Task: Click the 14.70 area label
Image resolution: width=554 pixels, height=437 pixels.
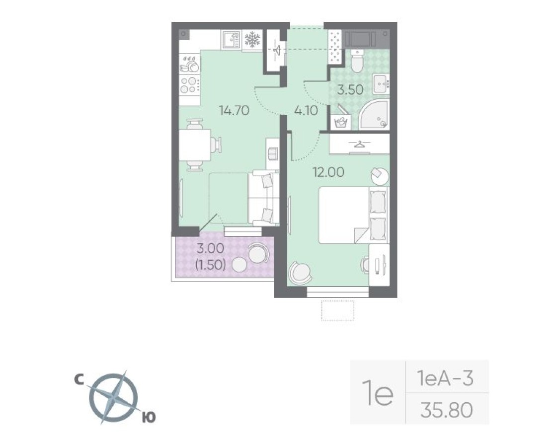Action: coord(234,110)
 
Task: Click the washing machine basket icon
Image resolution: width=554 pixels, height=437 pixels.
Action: coord(341,122)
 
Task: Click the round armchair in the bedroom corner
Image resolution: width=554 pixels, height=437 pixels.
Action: coord(300,272)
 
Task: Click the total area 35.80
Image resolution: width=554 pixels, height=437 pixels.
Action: coord(446,411)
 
